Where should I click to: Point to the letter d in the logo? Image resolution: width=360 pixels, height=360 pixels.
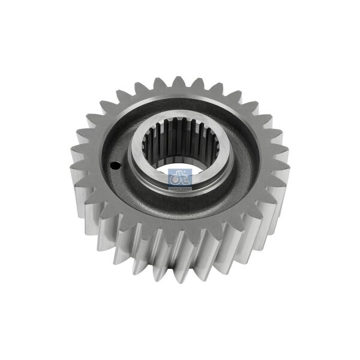pyautogui.click(x=176, y=177)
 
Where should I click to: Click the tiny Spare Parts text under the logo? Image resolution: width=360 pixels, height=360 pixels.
pyautogui.click(x=180, y=185)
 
